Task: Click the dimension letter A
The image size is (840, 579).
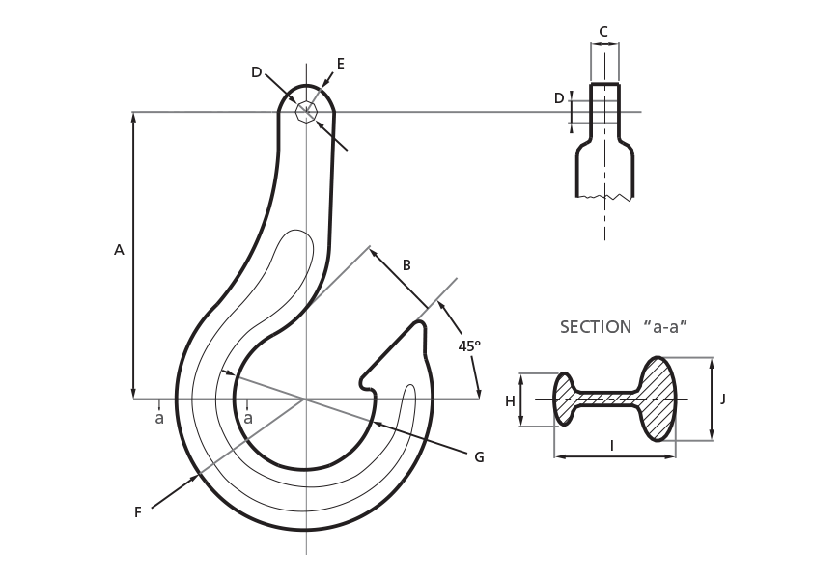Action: click(119, 250)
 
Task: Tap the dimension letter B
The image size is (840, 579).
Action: click(406, 265)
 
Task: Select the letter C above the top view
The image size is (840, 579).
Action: click(603, 31)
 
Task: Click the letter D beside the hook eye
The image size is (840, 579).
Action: click(256, 72)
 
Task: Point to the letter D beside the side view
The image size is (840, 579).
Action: click(559, 98)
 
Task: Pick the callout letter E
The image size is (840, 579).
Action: click(340, 64)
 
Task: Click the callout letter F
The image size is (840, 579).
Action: click(138, 512)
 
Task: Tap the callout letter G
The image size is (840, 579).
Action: click(479, 457)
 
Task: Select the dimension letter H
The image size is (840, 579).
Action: click(510, 401)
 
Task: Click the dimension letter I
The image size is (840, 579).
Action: click(611, 445)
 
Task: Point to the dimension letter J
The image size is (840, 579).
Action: click(723, 399)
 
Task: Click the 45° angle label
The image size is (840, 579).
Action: click(469, 345)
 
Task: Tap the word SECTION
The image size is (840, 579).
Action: click(596, 327)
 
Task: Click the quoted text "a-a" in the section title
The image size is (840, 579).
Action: click(665, 327)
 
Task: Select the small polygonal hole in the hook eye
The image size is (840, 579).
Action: click(306, 112)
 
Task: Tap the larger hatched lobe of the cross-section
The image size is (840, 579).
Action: click(658, 399)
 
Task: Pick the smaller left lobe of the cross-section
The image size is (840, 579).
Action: click(564, 399)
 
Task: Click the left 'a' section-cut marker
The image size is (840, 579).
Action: click(159, 419)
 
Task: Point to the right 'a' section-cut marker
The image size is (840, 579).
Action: click(248, 419)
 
